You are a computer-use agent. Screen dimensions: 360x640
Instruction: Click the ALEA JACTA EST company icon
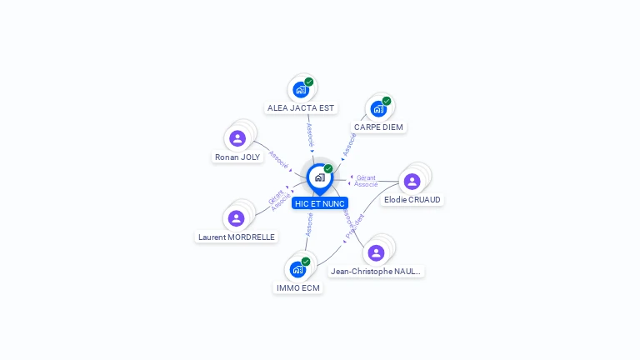pyautogui.click(x=301, y=89)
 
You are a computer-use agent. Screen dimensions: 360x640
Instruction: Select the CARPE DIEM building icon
pyautogui.click(x=379, y=108)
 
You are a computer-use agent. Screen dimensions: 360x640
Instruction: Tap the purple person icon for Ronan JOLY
pyautogui.click(x=237, y=138)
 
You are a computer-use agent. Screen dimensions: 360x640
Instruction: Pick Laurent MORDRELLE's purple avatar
pyautogui.click(x=237, y=218)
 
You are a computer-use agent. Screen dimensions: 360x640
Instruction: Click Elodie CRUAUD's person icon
pyautogui.click(x=412, y=181)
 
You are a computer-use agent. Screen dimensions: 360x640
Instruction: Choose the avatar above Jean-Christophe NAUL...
pyautogui.click(x=376, y=252)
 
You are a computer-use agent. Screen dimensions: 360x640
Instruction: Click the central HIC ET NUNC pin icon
pyautogui.click(x=319, y=177)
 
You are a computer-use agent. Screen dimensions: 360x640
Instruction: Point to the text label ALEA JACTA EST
pyautogui.click(x=301, y=108)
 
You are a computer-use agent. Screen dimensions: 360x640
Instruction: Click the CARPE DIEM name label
pyautogui.click(x=378, y=127)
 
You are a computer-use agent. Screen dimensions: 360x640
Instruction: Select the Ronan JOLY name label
pyautogui.click(x=237, y=157)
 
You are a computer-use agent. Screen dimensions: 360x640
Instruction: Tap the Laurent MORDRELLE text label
pyautogui.click(x=237, y=237)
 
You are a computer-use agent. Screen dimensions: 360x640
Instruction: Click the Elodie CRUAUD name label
pyautogui.click(x=412, y=200)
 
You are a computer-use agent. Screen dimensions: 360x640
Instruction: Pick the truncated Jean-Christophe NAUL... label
pyautogui.click(x=376, y=272)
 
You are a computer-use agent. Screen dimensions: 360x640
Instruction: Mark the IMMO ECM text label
pyautogui.click(x=297, y=288)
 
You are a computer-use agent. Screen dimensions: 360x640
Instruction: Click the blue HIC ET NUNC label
pyautogui.click(x=319, y=203)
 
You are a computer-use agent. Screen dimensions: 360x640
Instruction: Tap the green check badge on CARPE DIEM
pyautogui.click(x=387, y=101)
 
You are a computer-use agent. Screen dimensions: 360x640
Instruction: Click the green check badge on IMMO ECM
pyautogui.click(x=306, y=262)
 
